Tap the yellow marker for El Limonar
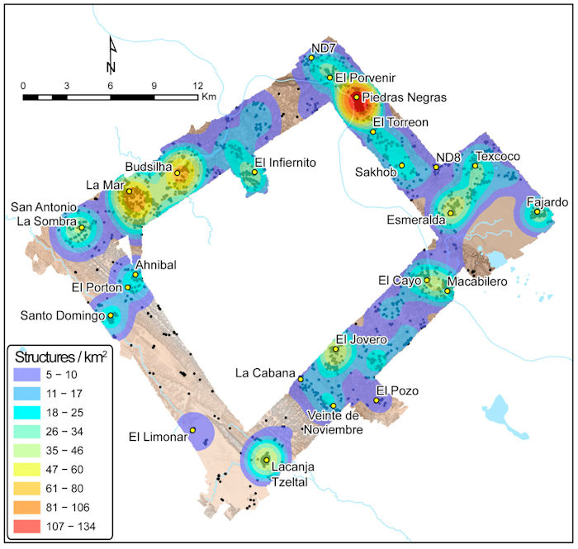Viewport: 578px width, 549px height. click(192, 430)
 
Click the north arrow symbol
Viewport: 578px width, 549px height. click(111, 56)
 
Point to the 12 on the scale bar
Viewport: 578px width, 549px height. click(197, 85)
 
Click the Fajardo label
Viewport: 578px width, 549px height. click(546, 201)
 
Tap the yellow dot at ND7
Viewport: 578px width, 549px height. click(311, 58)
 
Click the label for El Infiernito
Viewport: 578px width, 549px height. click(285, 162)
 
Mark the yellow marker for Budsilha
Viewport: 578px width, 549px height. click(177, 173)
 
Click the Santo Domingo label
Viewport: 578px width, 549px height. click(62, 315)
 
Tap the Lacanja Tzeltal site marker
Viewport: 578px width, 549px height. click(266, 460)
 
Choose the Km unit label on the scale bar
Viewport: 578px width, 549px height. click(209, 97)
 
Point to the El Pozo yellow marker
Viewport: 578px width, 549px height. click(377, 400)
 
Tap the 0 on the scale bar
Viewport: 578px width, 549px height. click(23, 85)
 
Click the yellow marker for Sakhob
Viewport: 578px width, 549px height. click(402, 165)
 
